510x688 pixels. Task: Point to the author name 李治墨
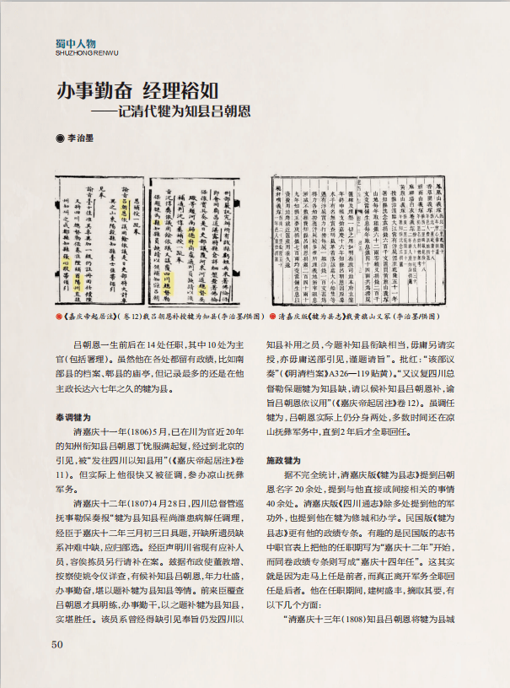(83, 136)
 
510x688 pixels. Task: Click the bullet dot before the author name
(59, 136)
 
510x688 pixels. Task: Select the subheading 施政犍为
(283, 461)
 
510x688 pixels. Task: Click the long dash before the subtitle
(105, 111)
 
